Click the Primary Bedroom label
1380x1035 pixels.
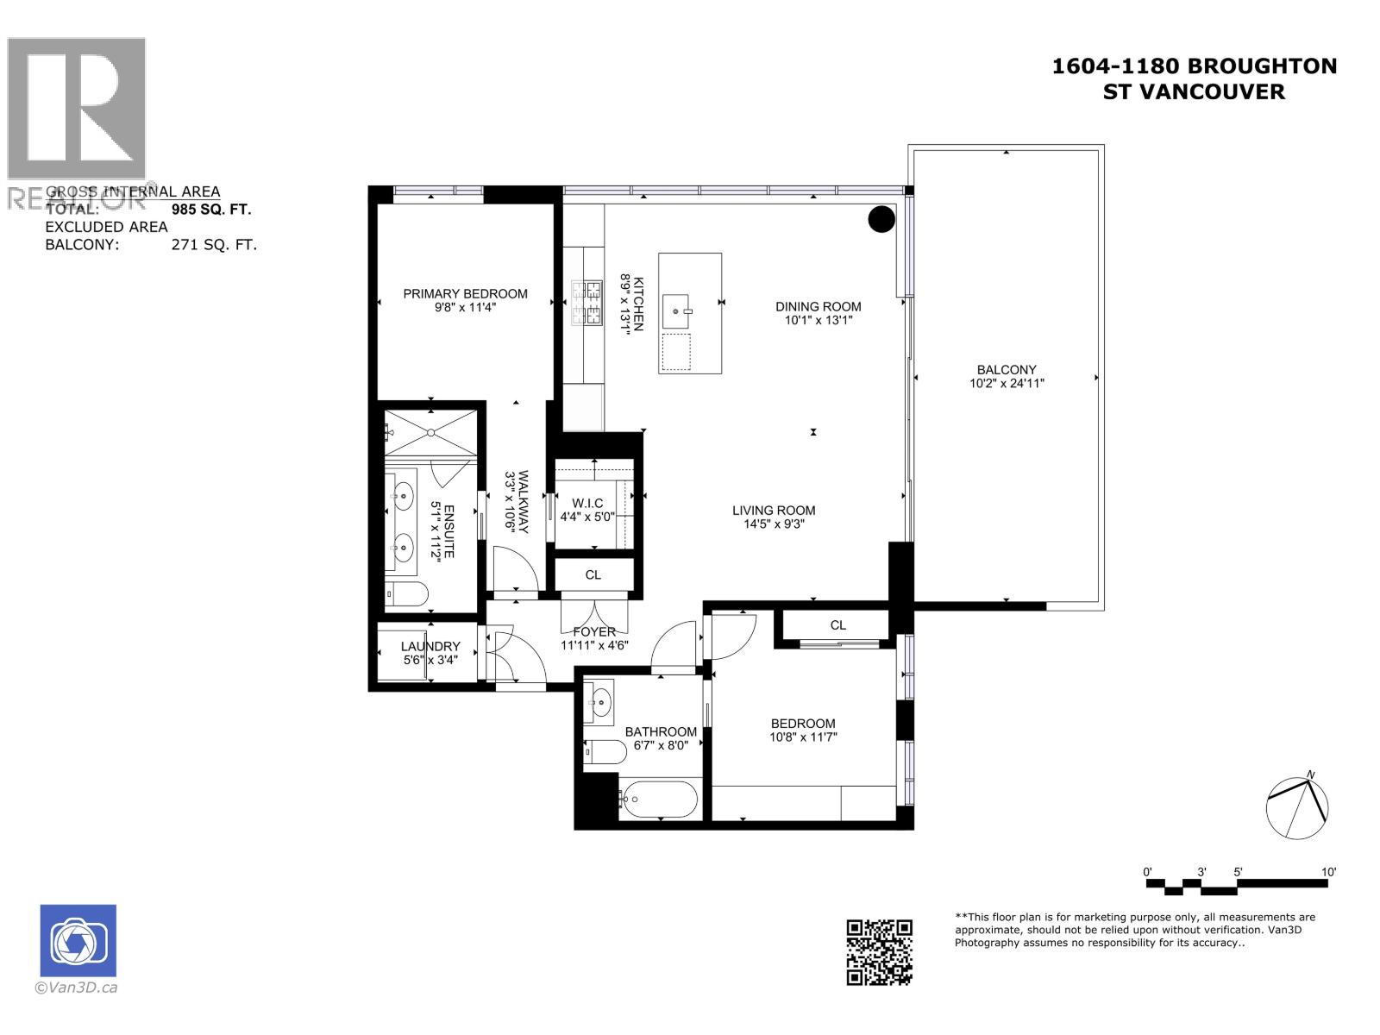[x=465, y=293]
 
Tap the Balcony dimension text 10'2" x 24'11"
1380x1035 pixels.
[x=1007, y=384]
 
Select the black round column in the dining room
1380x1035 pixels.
[x=881, y=219]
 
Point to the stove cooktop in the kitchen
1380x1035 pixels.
[x=586, y=303]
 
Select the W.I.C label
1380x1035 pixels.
[x=587, y=503]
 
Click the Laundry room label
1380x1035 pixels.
[x=430, y=646]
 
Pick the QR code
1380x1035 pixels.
[x=879, y=952]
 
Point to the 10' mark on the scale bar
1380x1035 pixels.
[x=1328, y=872]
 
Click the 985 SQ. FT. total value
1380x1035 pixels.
[x=211, y=209]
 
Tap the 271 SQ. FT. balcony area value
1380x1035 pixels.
[x=214, y=245]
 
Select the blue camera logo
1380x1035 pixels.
[x=78, y=941]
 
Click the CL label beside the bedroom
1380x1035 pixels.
[x=837, y=625]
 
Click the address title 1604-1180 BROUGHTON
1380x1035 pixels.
[x=1194, y=66]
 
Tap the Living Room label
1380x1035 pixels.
[x=774, y=510]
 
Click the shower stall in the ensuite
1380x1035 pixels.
[x=430, y=432]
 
